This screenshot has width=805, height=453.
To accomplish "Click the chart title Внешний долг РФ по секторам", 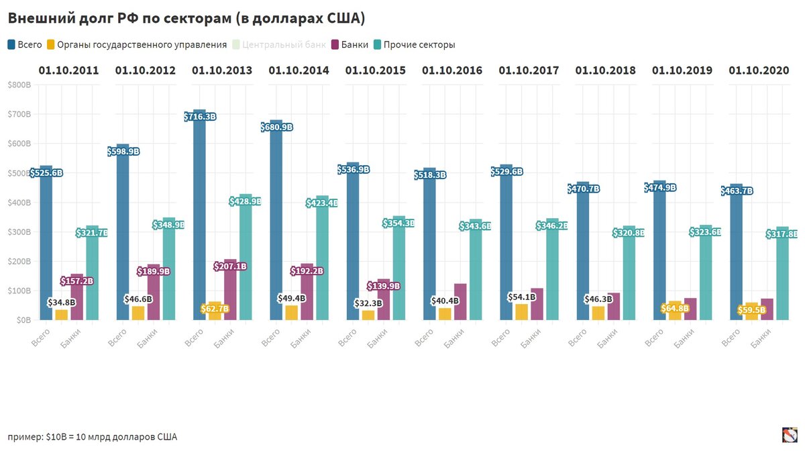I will (186, 18).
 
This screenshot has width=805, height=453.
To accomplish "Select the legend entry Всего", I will (28, 45).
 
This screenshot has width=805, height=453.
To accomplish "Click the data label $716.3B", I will (200, 117).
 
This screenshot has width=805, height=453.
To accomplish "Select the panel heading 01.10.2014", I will (299, 70).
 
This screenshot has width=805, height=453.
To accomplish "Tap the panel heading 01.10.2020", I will (759, 70).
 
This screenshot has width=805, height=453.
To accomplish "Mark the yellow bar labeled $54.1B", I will (521, 312).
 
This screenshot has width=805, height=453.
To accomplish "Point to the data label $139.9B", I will (383, 286).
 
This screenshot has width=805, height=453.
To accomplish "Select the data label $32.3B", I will (369, 303).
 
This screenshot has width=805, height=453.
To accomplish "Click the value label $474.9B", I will (660, 187).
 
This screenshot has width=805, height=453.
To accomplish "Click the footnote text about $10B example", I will (93, 437).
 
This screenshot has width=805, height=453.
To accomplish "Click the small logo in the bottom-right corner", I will (790, 435).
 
